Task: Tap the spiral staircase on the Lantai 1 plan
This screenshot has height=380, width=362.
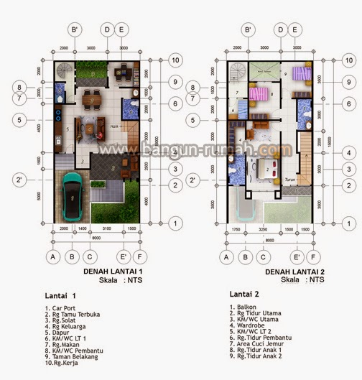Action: [64, 73]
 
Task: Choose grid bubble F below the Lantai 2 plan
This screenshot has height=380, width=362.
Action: [317, 256]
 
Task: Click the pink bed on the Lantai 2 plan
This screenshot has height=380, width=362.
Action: [258, 94]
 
